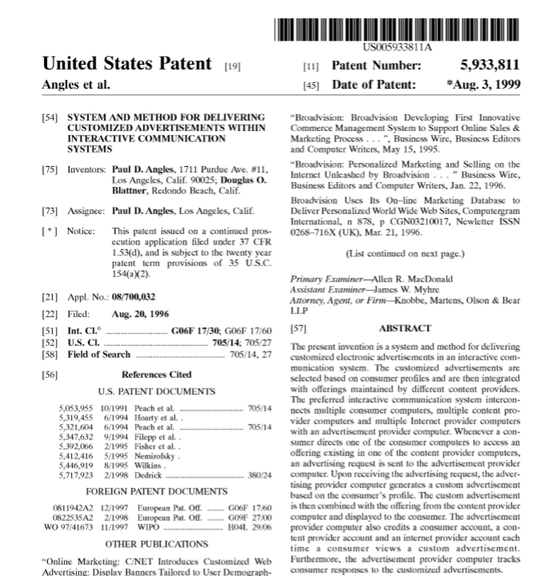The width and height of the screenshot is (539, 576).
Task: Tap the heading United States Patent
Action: (127, 64)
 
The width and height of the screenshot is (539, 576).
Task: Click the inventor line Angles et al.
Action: (76, 85)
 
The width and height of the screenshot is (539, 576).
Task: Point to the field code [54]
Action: (50, 117)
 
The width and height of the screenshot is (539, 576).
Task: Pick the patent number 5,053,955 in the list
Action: (77, 407)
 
